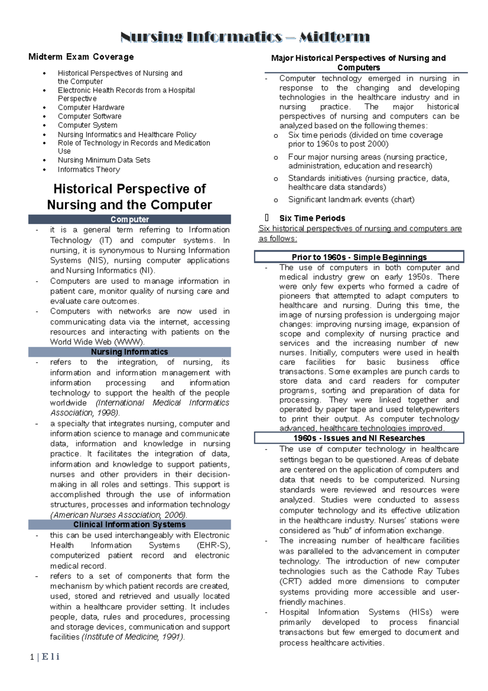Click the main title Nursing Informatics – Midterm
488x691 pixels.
(x=245, y=37)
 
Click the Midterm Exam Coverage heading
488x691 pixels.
(x=81, y=57)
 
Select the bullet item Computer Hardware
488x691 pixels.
(x=91, y=107)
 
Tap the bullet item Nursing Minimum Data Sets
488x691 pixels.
(x=104, y=160)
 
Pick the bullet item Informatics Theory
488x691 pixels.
(x=89, y=169)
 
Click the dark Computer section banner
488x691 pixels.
(x=129, y=219)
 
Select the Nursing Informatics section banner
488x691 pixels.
(x=129, y=352)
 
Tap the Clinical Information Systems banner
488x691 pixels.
(x=129, y=525)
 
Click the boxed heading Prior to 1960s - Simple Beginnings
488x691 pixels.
(x=359, y=257)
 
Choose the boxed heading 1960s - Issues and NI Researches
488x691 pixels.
(x=359, y=438)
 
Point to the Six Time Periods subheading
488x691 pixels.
(x=312, y=218)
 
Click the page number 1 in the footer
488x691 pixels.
(x=32, y=657)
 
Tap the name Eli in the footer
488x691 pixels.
(x=50, y=656)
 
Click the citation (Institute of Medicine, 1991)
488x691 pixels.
(x=133, y=637)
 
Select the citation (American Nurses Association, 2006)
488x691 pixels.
(x=118, y=515)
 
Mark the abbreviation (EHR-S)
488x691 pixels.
(x=213, y=545)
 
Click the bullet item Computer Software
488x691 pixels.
(x=89, y=116)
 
